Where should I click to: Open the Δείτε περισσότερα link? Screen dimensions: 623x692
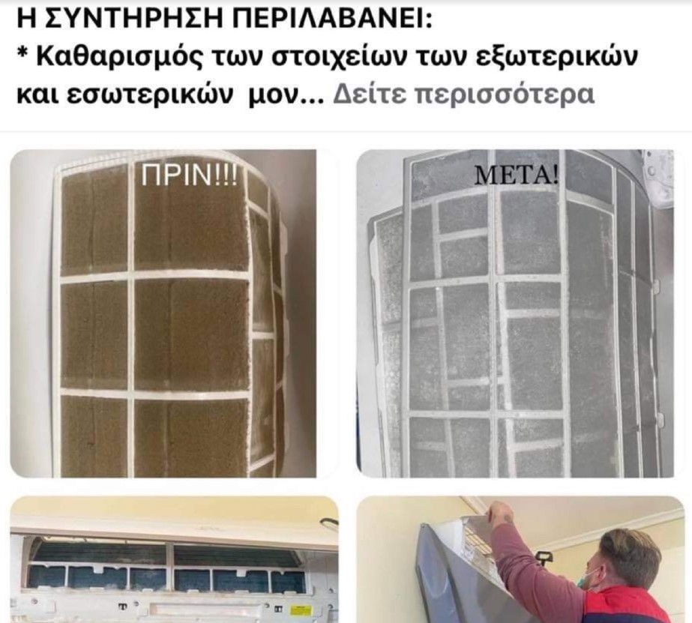(463, 96)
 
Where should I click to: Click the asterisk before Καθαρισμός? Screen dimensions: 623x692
(22, 57)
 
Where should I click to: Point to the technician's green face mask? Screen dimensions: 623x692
(590, 580)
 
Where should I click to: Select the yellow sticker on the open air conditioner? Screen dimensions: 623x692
(300, 608)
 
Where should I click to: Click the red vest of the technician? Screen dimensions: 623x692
(630, 606)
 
